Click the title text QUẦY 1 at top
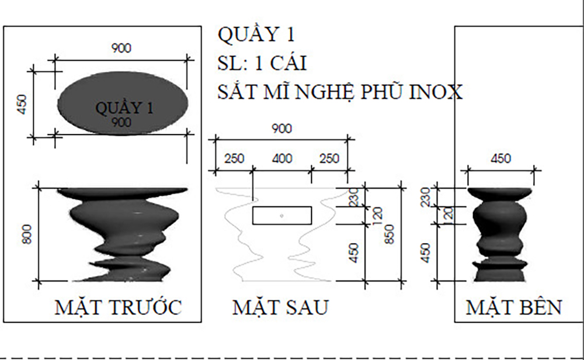256,34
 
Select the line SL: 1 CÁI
262,63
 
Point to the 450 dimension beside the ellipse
22,104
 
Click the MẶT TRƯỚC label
118,307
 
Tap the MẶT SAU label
280,307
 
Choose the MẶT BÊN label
513,307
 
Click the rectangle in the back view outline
281,215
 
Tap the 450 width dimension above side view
500,158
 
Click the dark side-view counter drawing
500,234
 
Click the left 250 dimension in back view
234,158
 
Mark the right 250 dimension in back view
329,158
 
